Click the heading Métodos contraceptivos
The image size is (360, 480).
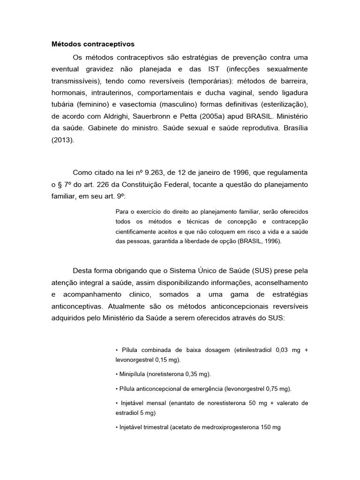click(93, 44)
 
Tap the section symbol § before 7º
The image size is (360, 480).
click(60, 184)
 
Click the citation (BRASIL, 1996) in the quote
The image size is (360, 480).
click(259, 241)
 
